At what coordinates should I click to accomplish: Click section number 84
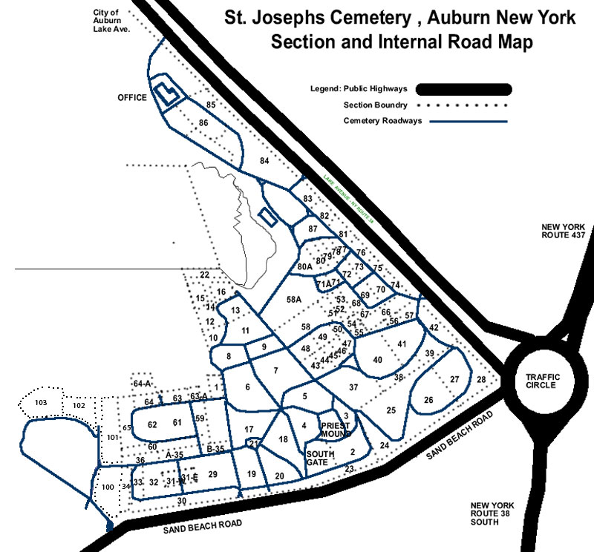pos(264,161)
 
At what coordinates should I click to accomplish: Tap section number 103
pos(41,402)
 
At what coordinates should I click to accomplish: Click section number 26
pos(428,400)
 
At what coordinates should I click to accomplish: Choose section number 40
pos(378,360)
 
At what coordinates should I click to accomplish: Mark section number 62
pos(153,424)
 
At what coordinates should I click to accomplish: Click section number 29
pos(212,474)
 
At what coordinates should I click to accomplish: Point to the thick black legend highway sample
pos(465,90)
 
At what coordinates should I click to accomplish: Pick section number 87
pos(313,230)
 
